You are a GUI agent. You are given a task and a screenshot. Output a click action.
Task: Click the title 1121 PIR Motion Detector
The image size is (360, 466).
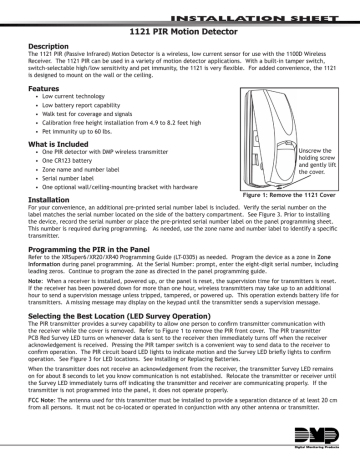180,33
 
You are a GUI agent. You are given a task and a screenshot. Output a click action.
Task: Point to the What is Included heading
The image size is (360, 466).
48,144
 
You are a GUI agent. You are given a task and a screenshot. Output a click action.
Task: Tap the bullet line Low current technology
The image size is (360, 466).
73,98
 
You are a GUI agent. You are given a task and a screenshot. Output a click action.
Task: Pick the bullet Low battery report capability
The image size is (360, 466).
81,106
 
